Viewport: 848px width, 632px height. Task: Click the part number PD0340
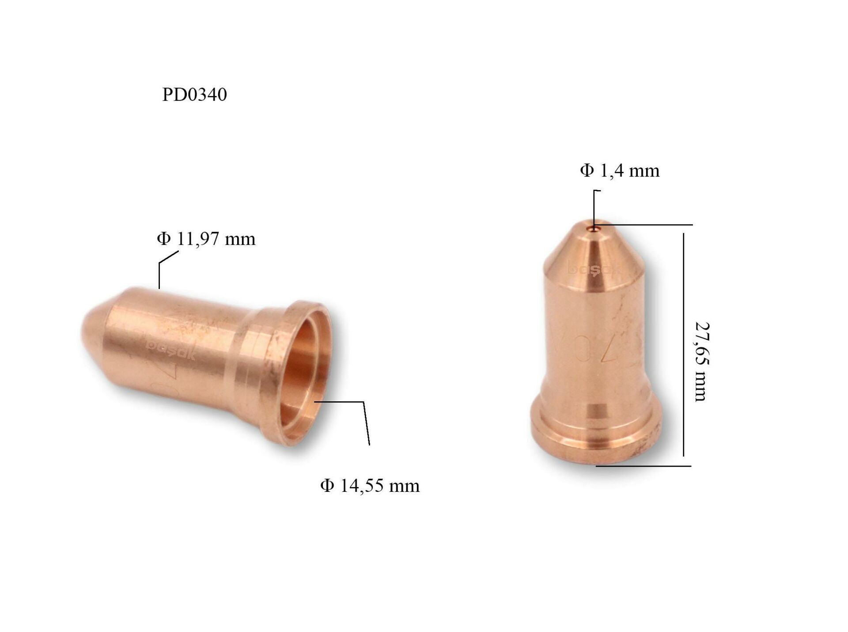tap(194, 95)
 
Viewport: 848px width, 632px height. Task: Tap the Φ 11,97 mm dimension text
tap(206, 239)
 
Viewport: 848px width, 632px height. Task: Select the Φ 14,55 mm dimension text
tap(370, 486)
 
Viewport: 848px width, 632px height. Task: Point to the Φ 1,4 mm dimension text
tap(620, 171)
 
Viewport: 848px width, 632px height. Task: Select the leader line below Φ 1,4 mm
tap(594, 208)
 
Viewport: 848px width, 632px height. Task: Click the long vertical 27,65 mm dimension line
tap(683, 345)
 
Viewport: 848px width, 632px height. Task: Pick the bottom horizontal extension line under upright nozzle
tap(645, 466)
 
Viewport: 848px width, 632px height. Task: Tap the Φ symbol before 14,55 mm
tap(327, 486)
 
